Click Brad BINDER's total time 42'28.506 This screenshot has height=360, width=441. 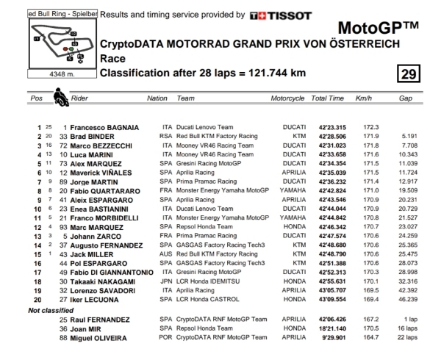pos(327,137)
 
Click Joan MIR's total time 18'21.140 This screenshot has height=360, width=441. pos(327,328)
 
